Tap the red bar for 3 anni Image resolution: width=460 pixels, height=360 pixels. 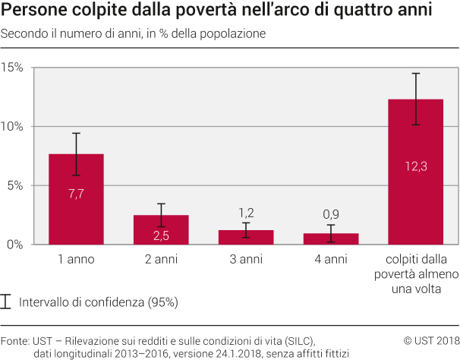[246, 237]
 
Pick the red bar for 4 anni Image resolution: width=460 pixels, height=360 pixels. [331, 238]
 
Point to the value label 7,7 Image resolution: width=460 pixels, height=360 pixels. [76, 194]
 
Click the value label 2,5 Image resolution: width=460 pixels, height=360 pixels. [161, 235]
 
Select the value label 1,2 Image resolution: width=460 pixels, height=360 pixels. [246, 213]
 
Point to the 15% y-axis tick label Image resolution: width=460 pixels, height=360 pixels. [13, 68]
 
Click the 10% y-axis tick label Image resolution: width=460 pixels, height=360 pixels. [13, 127]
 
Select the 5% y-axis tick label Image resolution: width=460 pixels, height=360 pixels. [16, 185]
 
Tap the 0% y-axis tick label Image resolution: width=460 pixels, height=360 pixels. [16, 245]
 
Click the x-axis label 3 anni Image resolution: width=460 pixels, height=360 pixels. [246, 260]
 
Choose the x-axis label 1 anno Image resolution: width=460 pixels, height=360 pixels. [76, 260]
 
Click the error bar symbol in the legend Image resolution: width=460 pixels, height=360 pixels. [7, 302]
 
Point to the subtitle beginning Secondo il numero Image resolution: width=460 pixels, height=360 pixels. [134, 36]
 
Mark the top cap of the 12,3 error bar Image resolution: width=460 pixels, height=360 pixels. [416, 74]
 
